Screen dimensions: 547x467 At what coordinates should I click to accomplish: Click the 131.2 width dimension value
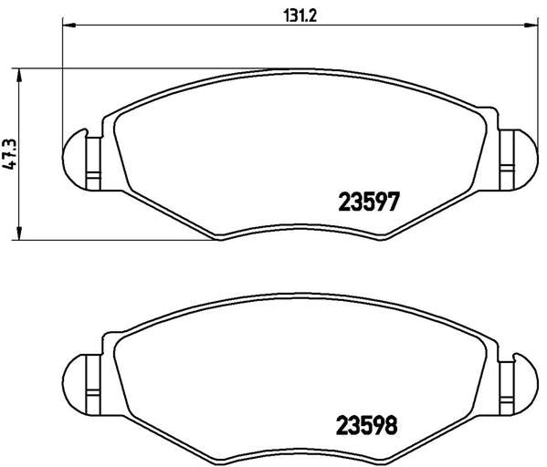tap(300, 16)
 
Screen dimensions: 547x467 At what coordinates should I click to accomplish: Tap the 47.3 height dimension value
tap(9, 154)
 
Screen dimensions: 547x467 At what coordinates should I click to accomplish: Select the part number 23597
tap(368, 202)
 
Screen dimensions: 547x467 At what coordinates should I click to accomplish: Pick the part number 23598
tap(366, 425)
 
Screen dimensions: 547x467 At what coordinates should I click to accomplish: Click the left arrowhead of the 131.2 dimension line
tap(69, 26)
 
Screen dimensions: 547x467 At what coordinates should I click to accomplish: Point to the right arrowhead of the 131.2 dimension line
tap(531, 26)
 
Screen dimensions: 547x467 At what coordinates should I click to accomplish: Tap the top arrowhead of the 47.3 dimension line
tap(19, 75)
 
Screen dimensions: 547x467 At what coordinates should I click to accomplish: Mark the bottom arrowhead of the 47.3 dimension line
tap(19, 233)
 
